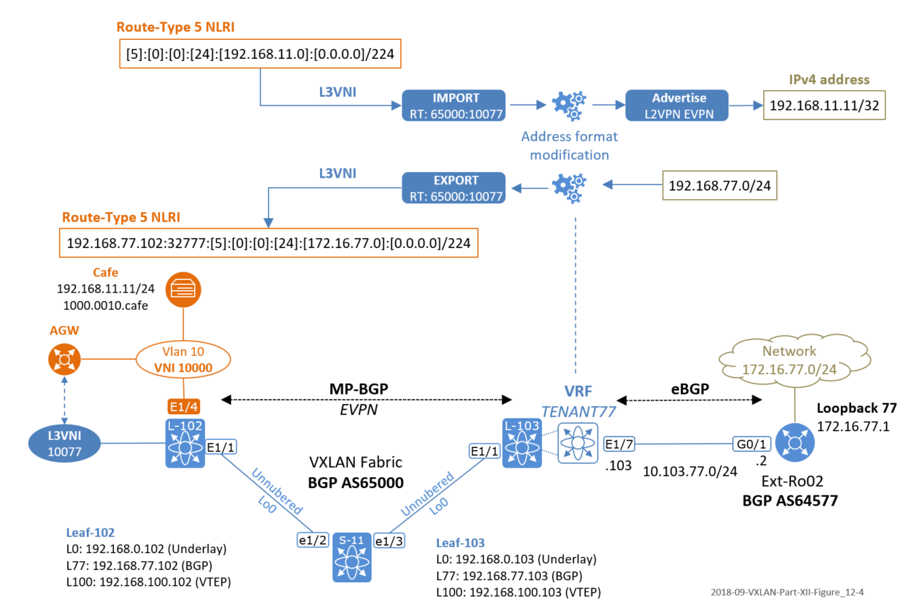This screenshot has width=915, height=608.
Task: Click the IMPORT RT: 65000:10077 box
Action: coord(453,105)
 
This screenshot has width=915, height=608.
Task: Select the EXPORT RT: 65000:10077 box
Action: coord(453,188)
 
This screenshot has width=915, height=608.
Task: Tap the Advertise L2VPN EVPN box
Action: coord(676,105)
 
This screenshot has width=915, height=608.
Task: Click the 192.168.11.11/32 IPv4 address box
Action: coord(824,105)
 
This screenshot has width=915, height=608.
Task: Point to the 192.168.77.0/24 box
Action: coord(720,185)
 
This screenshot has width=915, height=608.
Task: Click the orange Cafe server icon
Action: coord(183,289)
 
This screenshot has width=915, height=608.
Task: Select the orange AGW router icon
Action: coord(64,359)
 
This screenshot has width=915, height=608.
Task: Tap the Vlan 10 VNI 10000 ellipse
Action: coord(183,359)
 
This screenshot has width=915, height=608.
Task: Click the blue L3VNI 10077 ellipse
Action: coord(64,444)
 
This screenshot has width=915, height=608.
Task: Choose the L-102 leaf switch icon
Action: coord(185,443)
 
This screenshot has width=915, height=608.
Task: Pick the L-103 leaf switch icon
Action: coord(522,443)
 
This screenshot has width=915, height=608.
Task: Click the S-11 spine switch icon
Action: coord(352,557)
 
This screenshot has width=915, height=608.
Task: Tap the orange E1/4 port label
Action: coord(183,407)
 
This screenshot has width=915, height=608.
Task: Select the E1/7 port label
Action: coord(619,444)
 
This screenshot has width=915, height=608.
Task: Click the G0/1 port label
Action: coord(752,444)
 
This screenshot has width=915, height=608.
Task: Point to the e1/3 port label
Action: coord(389,541)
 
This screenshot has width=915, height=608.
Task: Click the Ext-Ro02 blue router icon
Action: coord(794,443)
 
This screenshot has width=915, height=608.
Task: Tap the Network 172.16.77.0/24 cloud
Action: coord(794,360)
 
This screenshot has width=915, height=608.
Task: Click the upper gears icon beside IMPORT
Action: coord(568,106)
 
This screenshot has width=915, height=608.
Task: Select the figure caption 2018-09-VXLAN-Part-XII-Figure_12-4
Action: coord(787,592)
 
